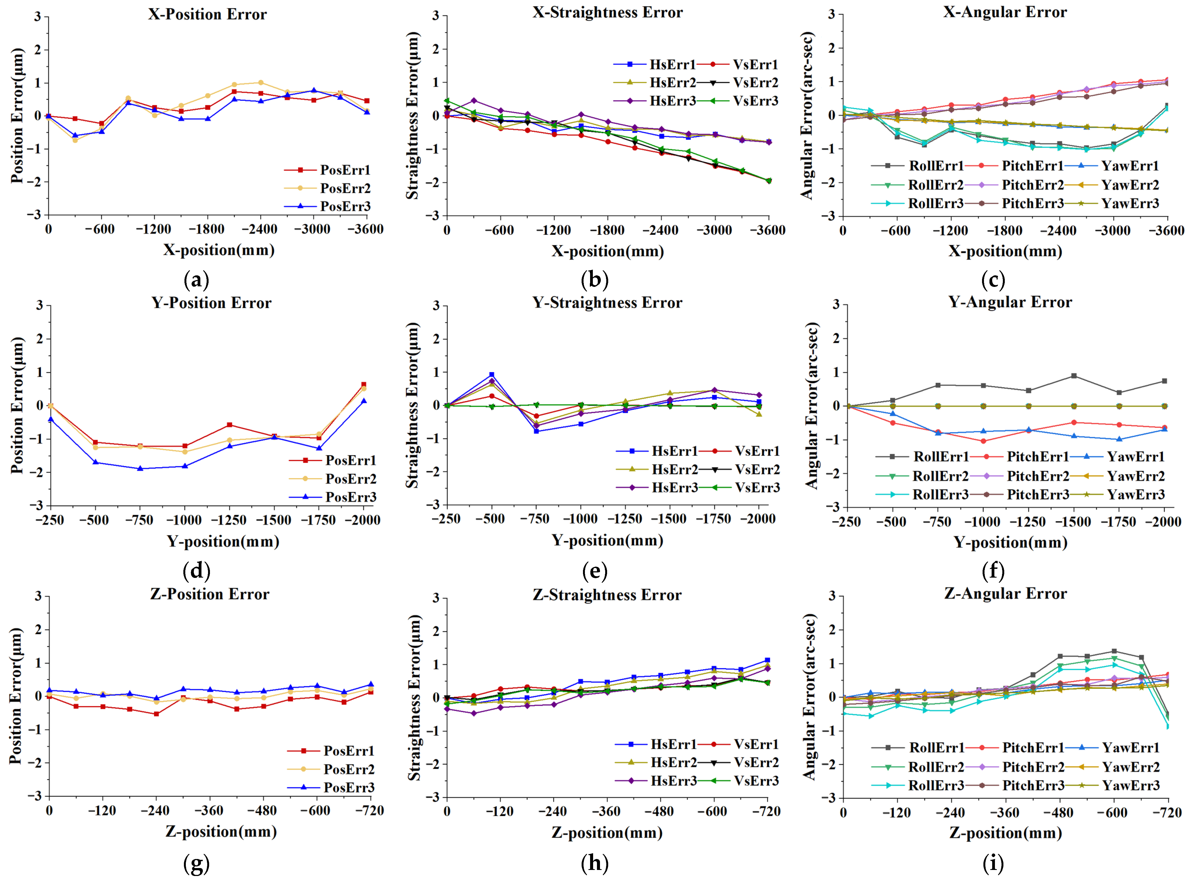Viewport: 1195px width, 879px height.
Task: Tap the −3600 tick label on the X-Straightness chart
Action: pyautogui.click(x=767, y=230)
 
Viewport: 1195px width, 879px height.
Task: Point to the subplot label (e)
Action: pyautogui.click(x=594, y=571)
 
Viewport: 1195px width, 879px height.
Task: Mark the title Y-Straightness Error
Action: pyautogui.click(x=607, y=303)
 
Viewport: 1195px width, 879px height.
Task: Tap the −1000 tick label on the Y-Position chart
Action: pyautogui.click(x=184, y=520)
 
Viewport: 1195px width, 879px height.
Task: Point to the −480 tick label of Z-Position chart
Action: pyautogui.click(x=263, y=811)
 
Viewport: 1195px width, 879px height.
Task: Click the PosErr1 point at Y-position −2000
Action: pyautogui.click(x=363, y=384)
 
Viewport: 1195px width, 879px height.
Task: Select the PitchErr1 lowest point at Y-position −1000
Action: pyautogui.click(x=983, y=441)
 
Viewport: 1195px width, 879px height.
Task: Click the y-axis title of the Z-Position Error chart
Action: pyautogui.click(x=16, y=696)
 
